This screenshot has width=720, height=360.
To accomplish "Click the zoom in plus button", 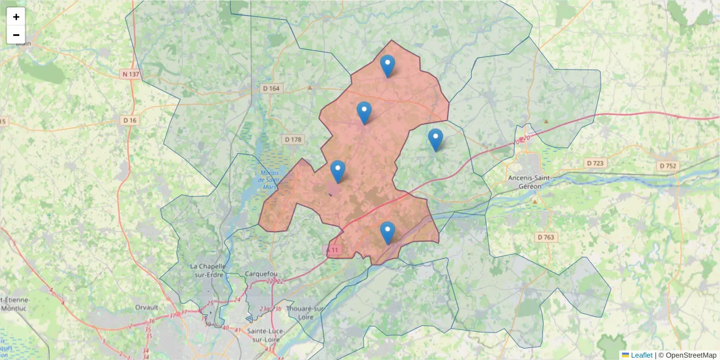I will click(x=16, y=17).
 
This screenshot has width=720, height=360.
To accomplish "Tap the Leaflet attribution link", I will click(x=641, y=355).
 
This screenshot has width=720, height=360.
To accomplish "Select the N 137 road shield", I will click(x=130, y=74).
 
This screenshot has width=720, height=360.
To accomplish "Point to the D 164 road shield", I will click(x=272, y=88).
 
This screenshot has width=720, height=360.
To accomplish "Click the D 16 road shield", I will click(x=130, y=120).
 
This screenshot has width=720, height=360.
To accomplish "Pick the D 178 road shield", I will click(x=293, y=139).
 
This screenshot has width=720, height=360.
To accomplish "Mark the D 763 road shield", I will click(x=546, y=237).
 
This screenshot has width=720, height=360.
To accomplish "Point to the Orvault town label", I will click(x=146, y=307).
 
